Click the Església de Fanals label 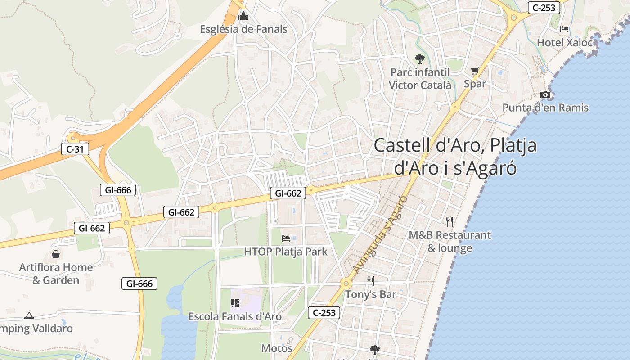tap(243, 30)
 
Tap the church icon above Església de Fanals tap(243, 17)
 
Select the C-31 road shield tap(75, 149)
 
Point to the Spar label tap(475, 84)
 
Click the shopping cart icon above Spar tap(475, 71)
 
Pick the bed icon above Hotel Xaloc tap(564, 29)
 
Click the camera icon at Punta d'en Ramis tap(545, 94)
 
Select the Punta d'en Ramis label tap(545, 108)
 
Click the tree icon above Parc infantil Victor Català tap(419, 58)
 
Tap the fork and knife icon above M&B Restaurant tap(449, 221)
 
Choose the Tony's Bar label tap(370, 294)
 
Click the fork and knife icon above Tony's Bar tap(371, 281)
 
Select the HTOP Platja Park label tap(286, 252)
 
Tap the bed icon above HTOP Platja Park tap(286, 238)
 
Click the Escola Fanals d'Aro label tap(235, 316)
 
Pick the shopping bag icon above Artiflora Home tap(56, 254)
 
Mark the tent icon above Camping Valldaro tap(29, 315)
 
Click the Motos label tap(277, 348)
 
